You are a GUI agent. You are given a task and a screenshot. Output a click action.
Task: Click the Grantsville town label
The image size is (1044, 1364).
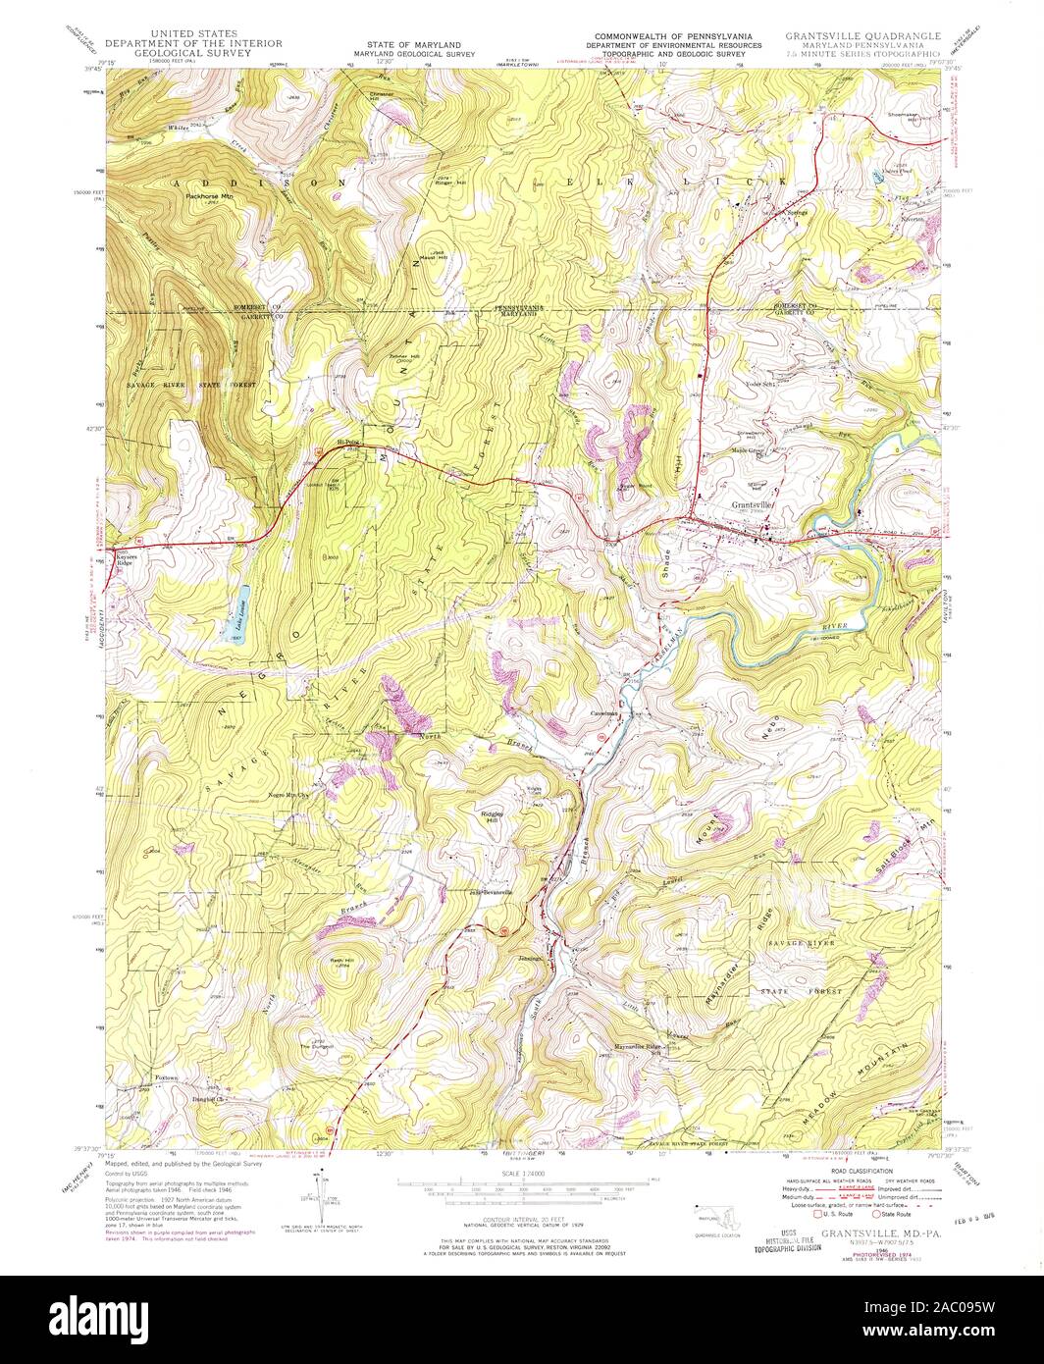pos(754,506)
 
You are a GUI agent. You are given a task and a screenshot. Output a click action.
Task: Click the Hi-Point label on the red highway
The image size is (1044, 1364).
pos(348,443)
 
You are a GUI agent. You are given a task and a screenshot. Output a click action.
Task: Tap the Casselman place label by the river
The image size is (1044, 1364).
pos(602,713)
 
